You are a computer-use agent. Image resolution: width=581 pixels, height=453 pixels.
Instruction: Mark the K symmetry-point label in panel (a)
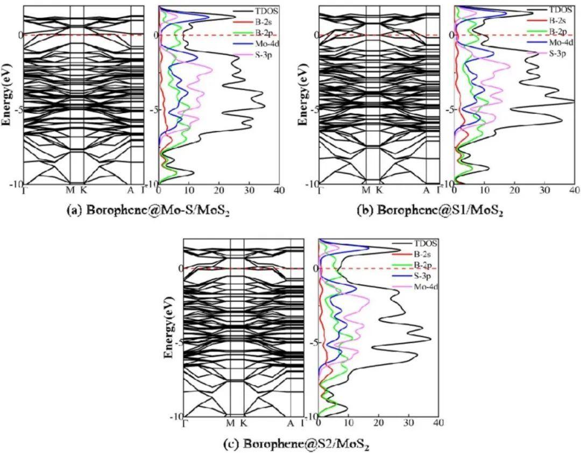click(x=83, y=190)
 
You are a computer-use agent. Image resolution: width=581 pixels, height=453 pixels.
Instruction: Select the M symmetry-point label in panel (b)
click(x=366, y=190)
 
